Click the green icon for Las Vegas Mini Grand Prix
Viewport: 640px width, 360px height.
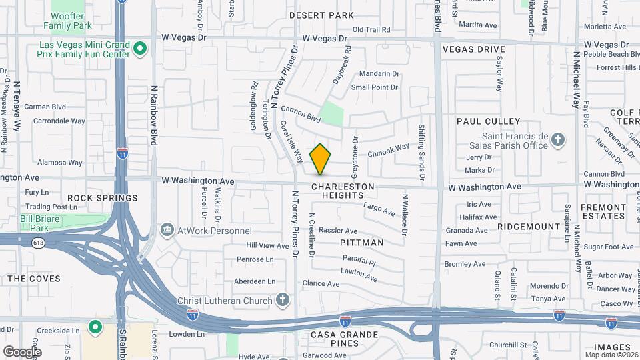[x=140, y=48]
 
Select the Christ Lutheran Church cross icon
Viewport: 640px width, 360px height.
[x=283, y=300]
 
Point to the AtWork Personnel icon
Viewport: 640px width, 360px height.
[x=167, y=230]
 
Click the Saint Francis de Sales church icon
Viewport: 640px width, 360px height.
[x=558, y=140]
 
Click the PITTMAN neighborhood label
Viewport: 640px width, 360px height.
[x=362, y=243]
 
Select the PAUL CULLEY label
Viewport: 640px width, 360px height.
[x=488, y=121]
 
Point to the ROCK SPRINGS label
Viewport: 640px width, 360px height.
[x=102, y=198]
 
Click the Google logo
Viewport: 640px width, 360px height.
[x=21, y=351]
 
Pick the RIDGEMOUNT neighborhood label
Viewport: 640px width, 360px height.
[x=529, y=227]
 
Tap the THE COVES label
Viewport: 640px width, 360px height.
[x=33, y=279]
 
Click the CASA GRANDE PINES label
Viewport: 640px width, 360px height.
[x=344, y=339]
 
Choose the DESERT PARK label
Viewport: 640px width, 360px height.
[x=321, y=15]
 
